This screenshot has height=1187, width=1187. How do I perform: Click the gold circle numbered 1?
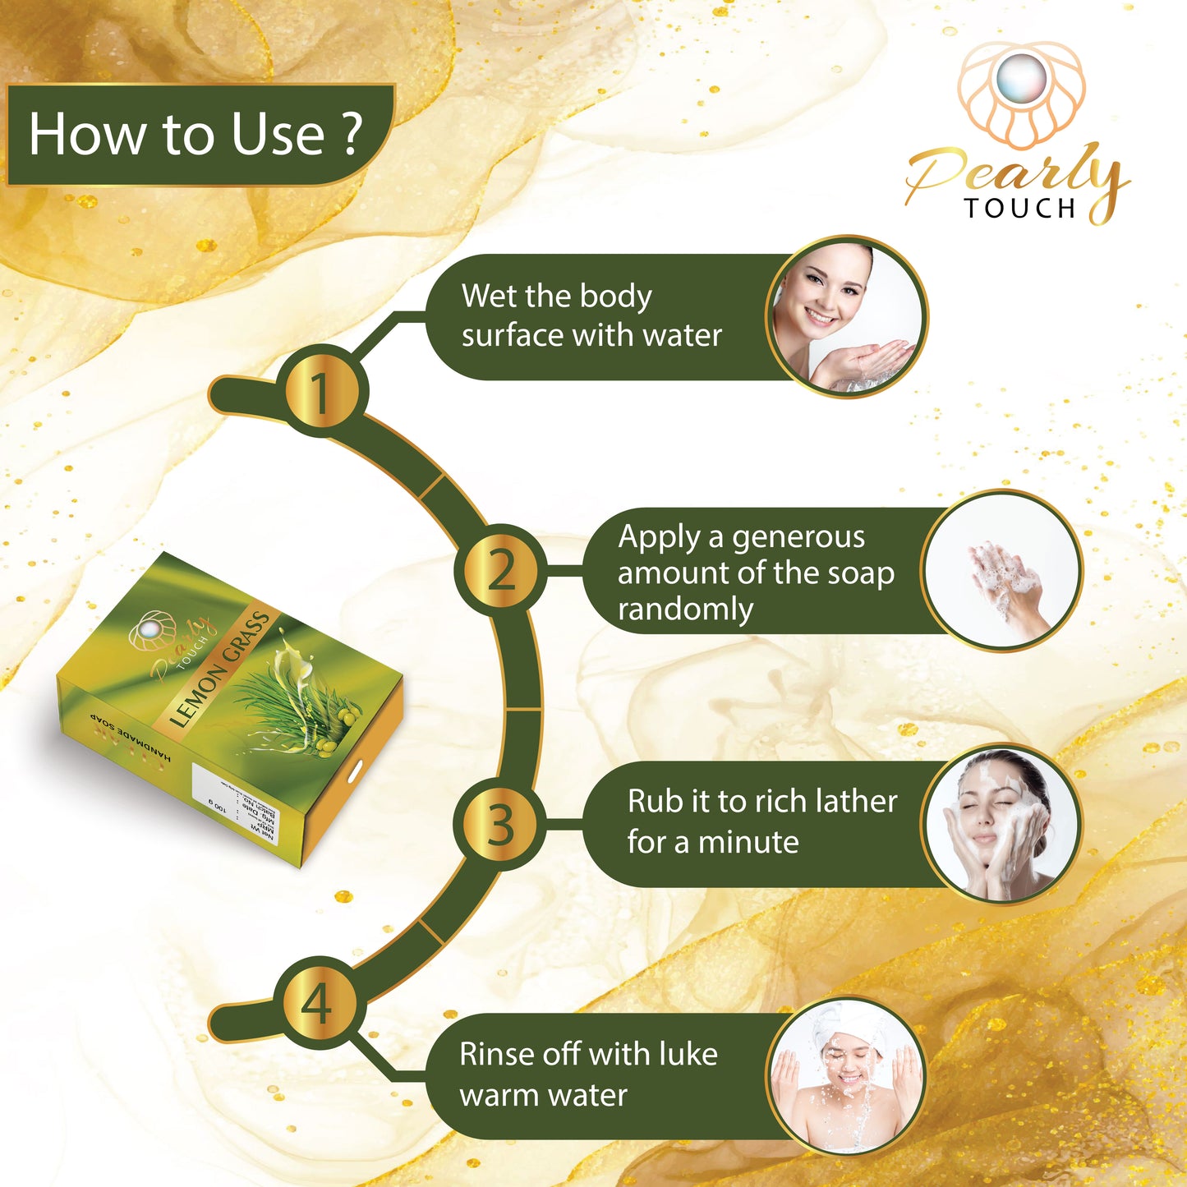320,392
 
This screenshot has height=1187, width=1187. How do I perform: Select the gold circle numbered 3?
501,824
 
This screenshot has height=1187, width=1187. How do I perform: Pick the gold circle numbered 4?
319,1003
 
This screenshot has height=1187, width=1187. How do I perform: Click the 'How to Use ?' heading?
196,134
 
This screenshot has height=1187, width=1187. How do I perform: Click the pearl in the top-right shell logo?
1020,78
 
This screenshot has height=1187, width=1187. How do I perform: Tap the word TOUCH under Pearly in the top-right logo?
1020,209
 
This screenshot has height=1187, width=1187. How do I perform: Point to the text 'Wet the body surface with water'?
591,315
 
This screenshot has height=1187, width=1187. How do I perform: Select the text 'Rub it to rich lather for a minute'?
761,821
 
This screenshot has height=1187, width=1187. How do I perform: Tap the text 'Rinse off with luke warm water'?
588,1074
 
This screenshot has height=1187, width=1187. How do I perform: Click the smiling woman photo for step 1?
846,317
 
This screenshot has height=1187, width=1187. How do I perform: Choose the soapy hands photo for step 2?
1002,572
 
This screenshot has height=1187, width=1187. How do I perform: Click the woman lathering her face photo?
1001,824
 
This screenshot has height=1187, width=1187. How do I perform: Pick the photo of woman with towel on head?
846,1076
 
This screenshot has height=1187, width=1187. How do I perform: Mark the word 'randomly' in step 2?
685,610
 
